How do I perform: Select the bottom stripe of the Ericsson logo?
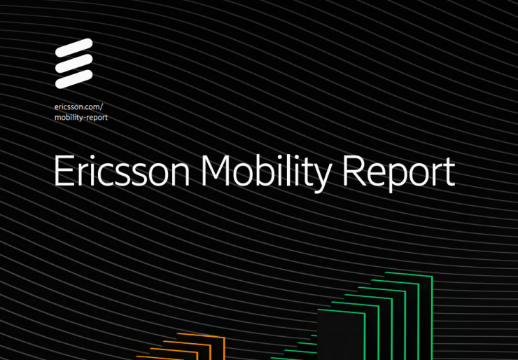(73, 78)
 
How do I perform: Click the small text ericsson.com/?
(78, 106)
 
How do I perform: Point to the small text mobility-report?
(81, 117)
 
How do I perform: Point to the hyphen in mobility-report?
(83, 118)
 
